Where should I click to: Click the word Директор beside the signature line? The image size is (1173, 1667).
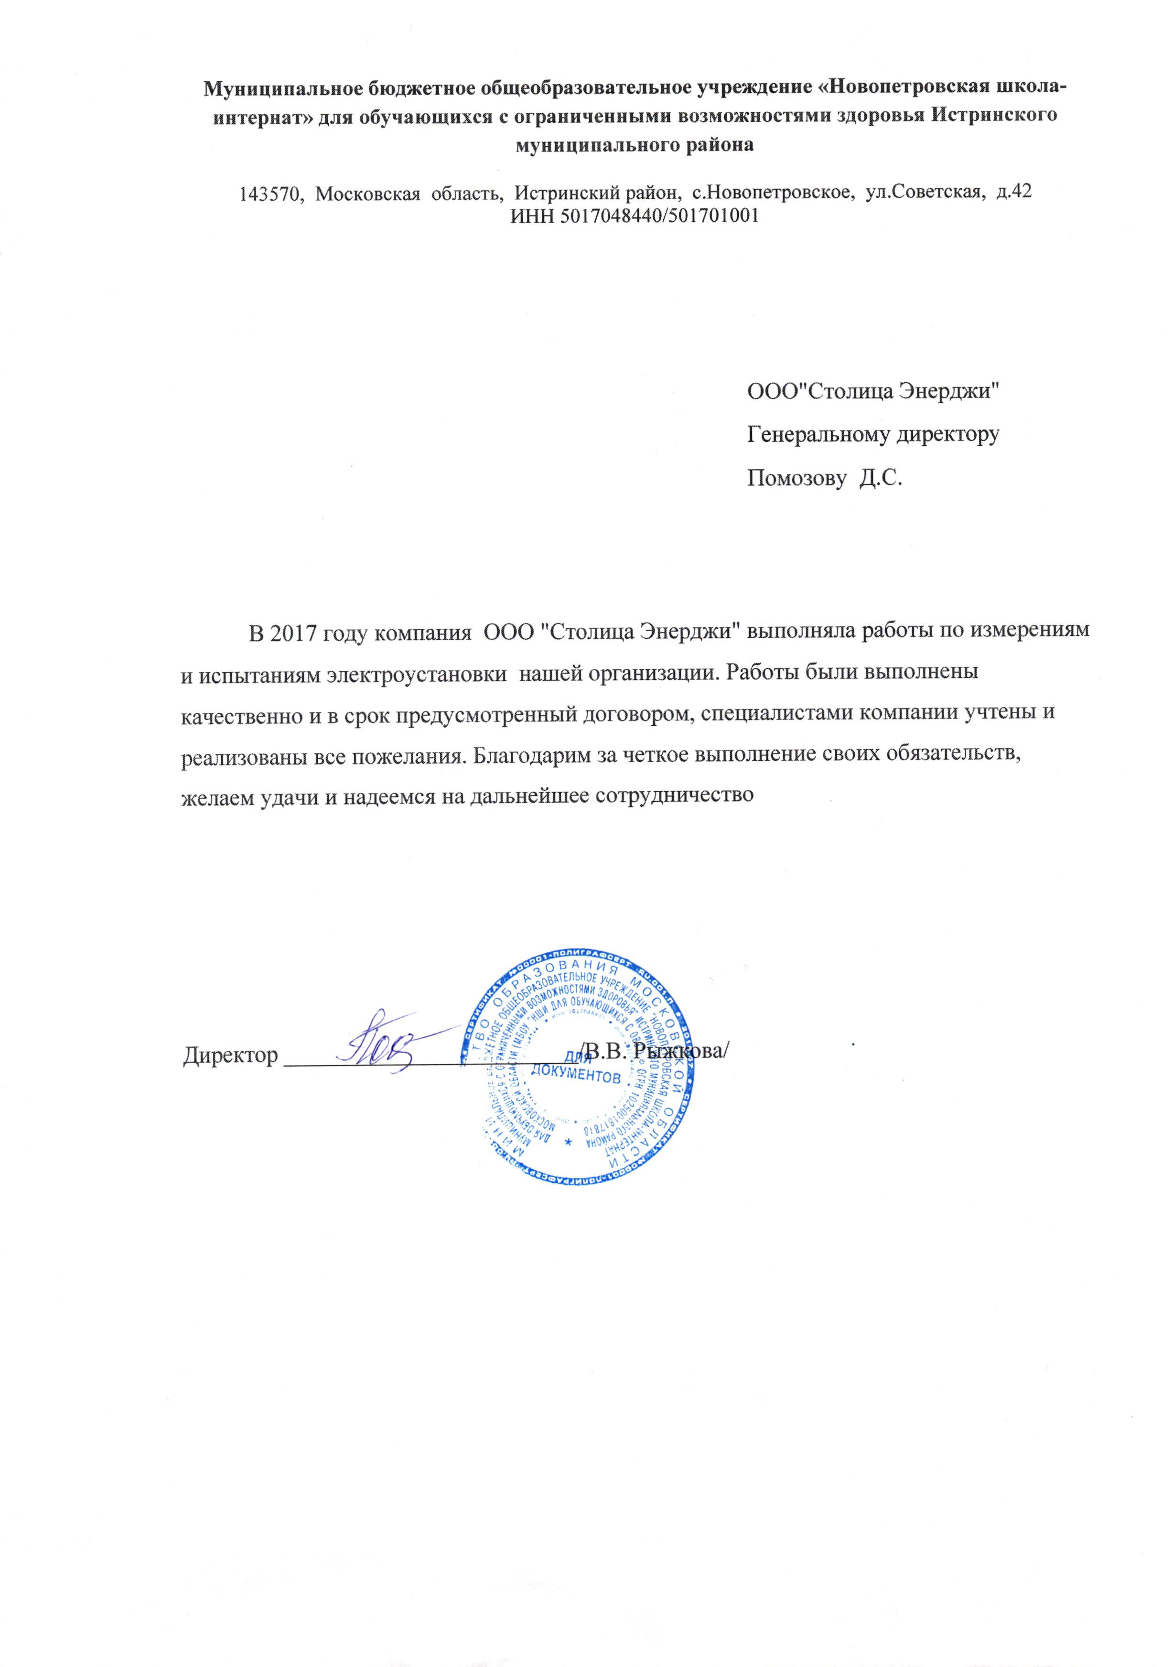click(230, 1054)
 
